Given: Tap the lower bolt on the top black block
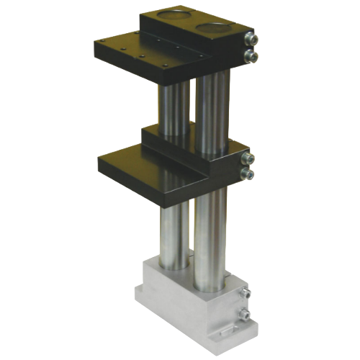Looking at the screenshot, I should click(x=249, y=55).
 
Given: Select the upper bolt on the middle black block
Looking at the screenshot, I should click(x=248, y=158).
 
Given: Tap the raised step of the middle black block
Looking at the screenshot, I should click(x=180, y=137).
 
